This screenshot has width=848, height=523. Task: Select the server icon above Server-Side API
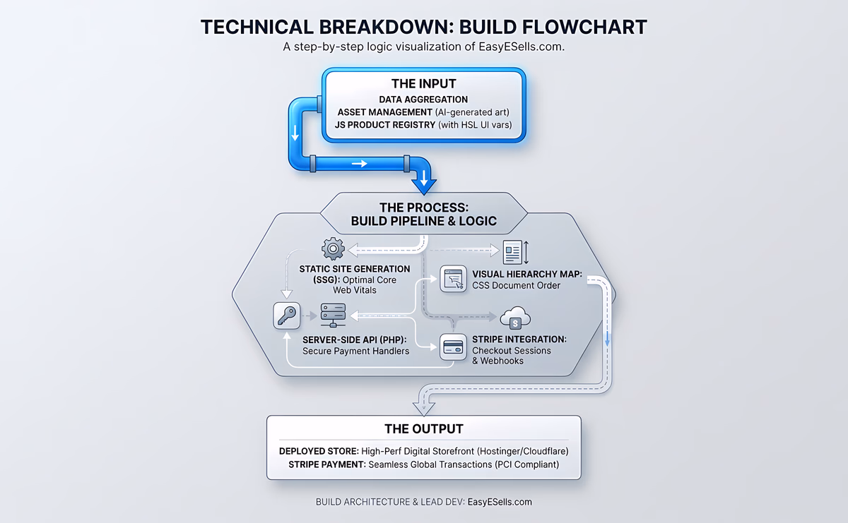(x=332, y=315)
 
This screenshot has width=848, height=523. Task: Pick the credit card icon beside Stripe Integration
(x=452, y=347)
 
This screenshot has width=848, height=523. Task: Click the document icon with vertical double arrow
(x=514, y=252)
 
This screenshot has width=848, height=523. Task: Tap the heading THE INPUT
(x=423, y=84)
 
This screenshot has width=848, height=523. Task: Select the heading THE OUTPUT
(x=423, y=428)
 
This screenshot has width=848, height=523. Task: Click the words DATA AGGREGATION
(x=423, y=100)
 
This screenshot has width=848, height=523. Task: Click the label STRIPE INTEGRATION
(x=519, y=339)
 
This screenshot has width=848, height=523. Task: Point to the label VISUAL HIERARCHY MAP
(x=527, y=274)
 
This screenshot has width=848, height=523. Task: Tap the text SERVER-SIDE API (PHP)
(x=349, y=339)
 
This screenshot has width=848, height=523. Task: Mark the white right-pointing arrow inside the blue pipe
(x=360, y=164)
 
